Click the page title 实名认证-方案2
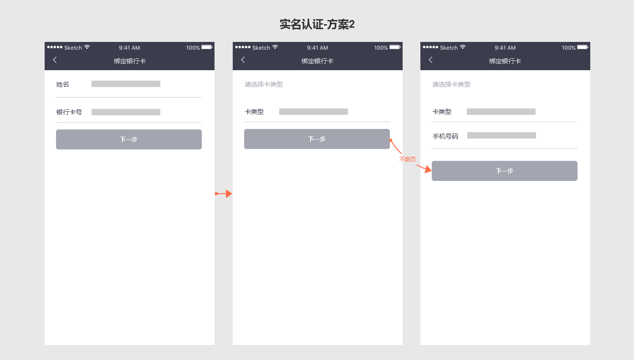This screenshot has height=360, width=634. (x=317, y=25)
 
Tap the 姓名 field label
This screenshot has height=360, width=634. (x=63, y=84)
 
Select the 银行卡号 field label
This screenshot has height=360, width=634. (x=69, y=112)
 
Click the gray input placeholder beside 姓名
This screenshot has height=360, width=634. (x=126, y=84)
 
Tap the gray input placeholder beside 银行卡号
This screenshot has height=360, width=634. (x=126, y=112)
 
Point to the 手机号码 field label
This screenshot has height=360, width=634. (x=445, y=136)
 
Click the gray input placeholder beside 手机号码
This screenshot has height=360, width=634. (x=501, y=135)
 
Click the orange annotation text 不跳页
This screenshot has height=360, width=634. (x=408, y=159)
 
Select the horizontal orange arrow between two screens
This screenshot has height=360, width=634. (x=224, y=194)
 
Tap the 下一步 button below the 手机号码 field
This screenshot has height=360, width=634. (x=504, y=171)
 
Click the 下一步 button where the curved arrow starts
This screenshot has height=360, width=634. (x=317, y=139)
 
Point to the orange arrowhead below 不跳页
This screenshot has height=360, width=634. (x=427, y=170)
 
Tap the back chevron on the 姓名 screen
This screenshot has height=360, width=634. (x=55, y=60)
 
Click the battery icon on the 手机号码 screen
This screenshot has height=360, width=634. (x=583, y=47)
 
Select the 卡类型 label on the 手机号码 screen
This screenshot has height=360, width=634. (x=442, y=112)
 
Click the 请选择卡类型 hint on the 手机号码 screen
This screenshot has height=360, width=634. (x=451, y=84)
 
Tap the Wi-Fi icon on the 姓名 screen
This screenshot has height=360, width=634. (x=87, y=47)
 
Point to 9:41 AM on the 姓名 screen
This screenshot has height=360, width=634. (x=129, y=48)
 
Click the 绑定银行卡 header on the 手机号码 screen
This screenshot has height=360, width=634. (x=505, y=61)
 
